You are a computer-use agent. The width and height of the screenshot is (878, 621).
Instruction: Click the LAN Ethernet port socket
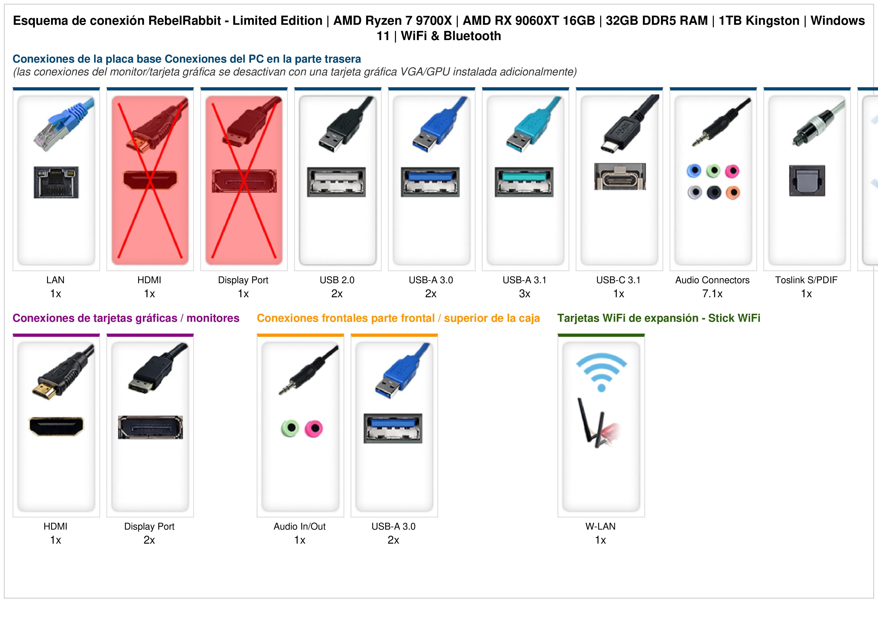point(56,182)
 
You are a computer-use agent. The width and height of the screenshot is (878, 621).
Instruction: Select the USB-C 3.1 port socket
point(620,176)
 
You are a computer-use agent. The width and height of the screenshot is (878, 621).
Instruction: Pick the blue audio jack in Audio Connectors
point(694,171)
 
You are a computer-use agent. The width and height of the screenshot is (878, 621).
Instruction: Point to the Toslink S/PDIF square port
point(807,181)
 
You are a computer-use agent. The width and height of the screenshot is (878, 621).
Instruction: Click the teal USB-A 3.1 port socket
point(524,182)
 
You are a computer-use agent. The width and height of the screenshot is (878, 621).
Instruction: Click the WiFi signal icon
point(601,372)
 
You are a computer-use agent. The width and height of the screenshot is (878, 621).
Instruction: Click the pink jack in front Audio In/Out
point(314,428)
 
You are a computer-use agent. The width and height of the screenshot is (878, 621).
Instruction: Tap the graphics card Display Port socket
point(150,427)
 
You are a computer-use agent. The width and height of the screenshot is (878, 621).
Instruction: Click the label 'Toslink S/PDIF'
point(806,280)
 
